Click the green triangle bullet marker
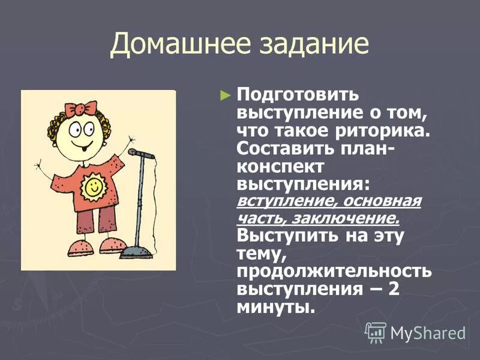pyautogui.click(x=225, y=95)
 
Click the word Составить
pyautogui.click(x=280, y=148)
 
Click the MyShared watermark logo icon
pyautogui.click(x=376, y=332)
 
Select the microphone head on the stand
pyautogui.click(x=141, y=154)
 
